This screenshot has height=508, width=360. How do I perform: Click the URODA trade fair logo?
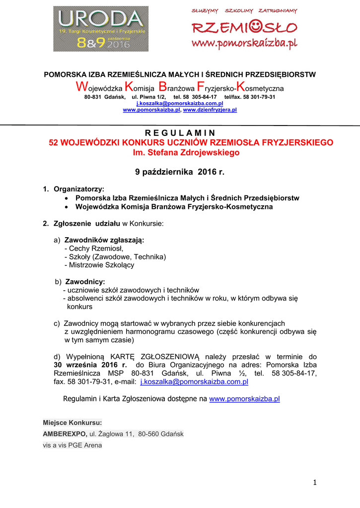coord(101,29)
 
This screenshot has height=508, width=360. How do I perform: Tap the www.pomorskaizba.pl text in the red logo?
coord(244,43)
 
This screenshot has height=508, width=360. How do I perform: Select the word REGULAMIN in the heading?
coord(180,132)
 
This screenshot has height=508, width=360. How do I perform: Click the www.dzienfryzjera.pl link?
coord(210,110)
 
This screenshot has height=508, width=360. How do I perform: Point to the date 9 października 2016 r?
coord(180,172)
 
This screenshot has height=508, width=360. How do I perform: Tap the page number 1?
coord(315,482)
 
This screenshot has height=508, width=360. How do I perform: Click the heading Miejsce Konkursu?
coord(72,423)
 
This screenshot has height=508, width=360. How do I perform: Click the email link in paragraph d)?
coord(194,382)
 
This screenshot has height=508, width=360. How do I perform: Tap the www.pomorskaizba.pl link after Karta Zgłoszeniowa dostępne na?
coord(245,399)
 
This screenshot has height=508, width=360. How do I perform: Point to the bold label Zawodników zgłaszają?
coord(104,240)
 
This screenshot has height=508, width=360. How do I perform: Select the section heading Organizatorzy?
coord(78,189)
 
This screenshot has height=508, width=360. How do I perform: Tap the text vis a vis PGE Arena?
coord(72,445)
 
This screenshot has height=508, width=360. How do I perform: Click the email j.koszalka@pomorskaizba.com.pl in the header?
coord(180,103)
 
